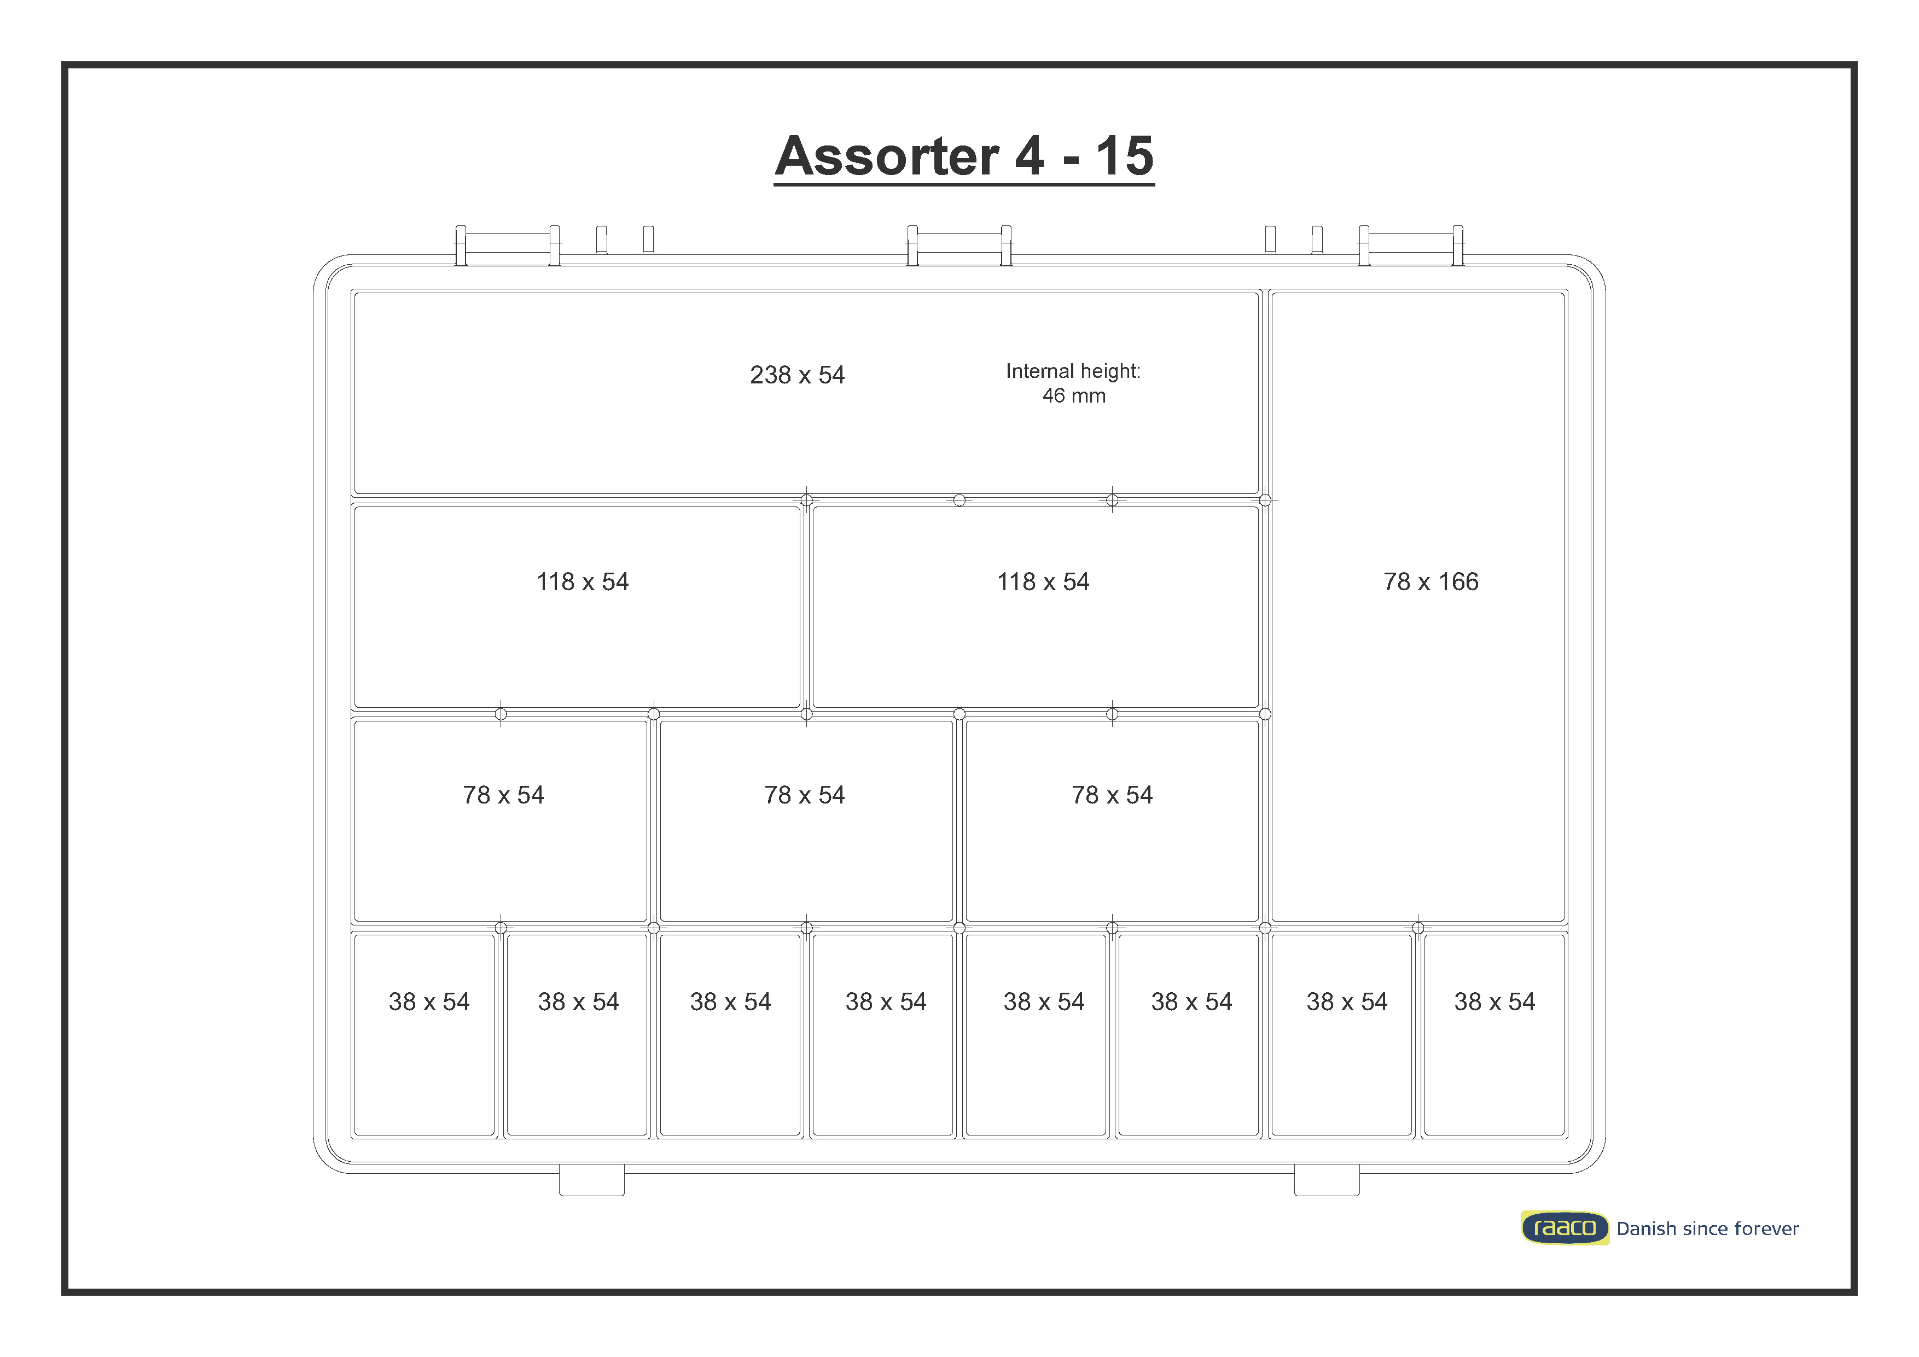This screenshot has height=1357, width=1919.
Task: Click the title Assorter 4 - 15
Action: (x=964, y=156)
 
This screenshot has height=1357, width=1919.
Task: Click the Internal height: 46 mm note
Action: (x=1073, y=383)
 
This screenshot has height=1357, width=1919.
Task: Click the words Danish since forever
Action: (x=1707, y=1228)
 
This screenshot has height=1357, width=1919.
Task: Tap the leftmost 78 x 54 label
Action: (x=503, y=795)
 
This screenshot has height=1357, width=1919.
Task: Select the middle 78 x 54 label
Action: (x=804, y=795)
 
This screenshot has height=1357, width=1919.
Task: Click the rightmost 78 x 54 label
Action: (x=1112, y=795)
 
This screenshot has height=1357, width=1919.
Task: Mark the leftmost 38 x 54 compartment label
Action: (x=429, y=1002)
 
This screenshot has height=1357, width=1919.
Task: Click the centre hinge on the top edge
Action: (x=959, y=246)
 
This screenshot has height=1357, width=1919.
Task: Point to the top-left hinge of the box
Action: (x=507, y=246)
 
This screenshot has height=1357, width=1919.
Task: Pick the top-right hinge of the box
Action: (x=1411, y=246)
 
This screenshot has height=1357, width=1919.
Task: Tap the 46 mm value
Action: (x=1073, y=396)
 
